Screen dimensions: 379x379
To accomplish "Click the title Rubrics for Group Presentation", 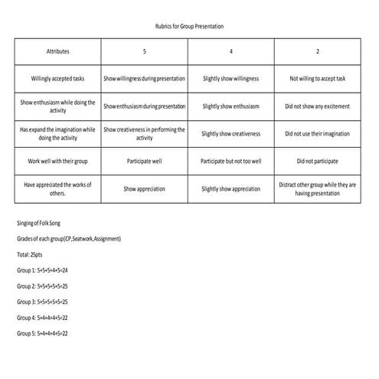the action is (189, 26).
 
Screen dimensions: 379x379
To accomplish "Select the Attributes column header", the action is (57, 51).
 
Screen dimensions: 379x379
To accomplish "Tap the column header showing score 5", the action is (144, 51).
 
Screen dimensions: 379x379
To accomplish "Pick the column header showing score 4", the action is (230, 51).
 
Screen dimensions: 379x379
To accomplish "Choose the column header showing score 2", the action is (317, 51).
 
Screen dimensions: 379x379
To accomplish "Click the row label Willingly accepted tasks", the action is (57, 78).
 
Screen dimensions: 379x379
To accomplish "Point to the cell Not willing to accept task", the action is (317, 78).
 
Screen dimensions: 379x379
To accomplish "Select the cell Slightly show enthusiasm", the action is (230, 106).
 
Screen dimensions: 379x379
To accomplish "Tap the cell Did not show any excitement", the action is (317, 106).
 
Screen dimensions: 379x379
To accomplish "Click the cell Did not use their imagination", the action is (317, 133).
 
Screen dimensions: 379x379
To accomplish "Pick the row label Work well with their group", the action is (57, 162).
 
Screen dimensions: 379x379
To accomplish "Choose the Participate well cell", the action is (144, 162).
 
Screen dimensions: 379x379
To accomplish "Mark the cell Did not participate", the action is (317, 162).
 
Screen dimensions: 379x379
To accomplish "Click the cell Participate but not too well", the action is (230, 162).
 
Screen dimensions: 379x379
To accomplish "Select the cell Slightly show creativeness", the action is (230, 133).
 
